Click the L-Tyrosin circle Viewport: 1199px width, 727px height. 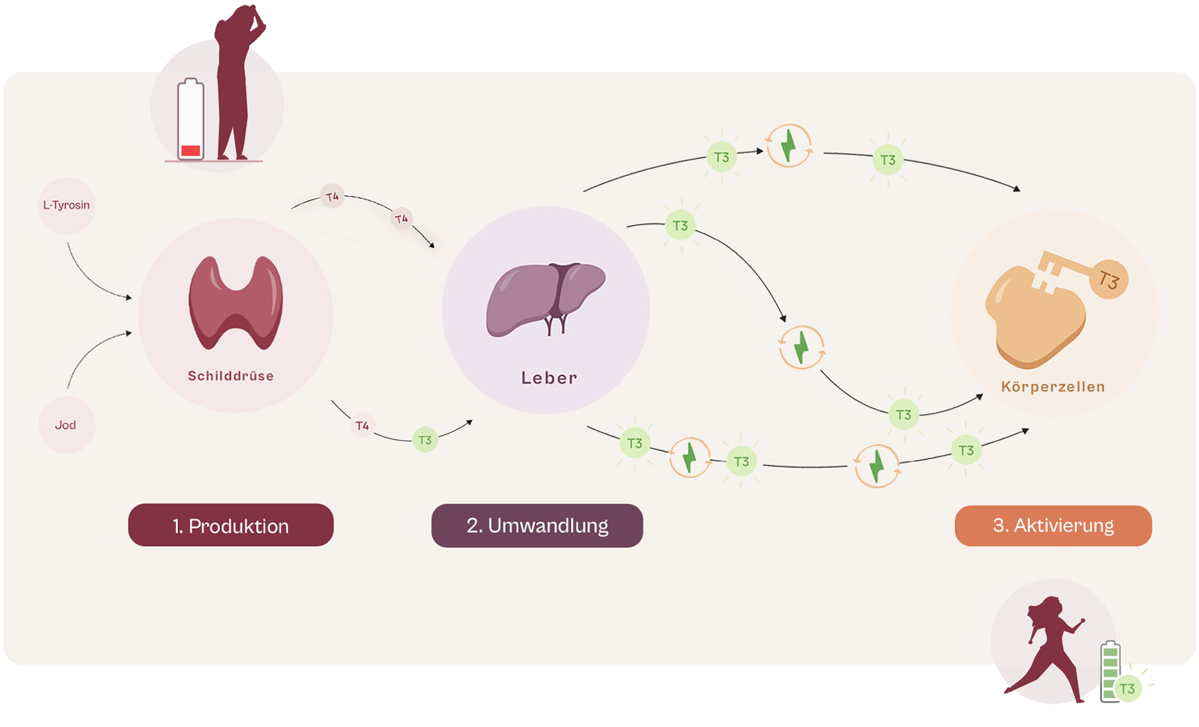click(x=66, y=205)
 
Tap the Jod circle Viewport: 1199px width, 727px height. click(x=66, y=425)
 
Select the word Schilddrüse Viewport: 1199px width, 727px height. click(x=231, y=376)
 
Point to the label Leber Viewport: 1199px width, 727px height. click(x=549, y=378)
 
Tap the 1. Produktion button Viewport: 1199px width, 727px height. click(x=231, y=525)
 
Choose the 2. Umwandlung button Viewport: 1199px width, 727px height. click(x=537, y=525)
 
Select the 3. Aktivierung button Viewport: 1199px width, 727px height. click(x=1053, y=525)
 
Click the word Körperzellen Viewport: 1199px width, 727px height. click(x=1053, y=387)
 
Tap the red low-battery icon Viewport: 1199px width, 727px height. click(x=191, y=121)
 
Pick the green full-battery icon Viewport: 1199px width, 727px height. click(x=1109, y=670)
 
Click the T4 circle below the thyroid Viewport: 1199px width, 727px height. click(x=362, y=425)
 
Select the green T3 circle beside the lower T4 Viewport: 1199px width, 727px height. click(x=425, y=440)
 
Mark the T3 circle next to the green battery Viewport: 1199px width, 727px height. click(x=1127, y=688)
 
